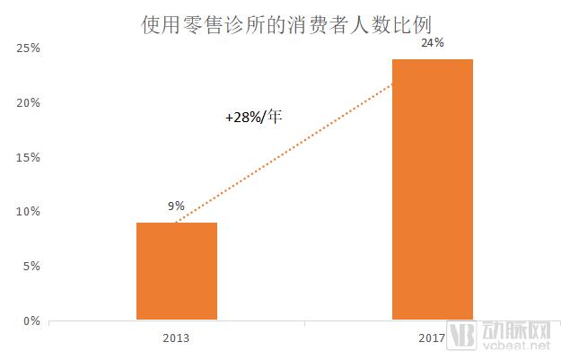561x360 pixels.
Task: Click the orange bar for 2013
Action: click(176, 271)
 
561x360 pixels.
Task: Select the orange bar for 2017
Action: click(433, 189)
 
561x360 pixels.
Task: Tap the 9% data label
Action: click(176, 206)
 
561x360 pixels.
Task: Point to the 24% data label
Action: click(432, 42)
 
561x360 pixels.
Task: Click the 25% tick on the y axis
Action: click(28, 48)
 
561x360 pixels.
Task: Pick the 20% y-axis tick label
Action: click(28, 103)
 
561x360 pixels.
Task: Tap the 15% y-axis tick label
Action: click(28, 157)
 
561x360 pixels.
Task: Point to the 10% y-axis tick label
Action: click(28, 212)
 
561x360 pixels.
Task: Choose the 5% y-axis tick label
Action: click(31, 266)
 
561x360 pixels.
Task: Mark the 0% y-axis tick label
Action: click(31, 320)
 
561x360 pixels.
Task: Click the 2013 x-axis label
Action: click(176, 340)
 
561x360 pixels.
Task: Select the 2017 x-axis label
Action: click(433, 340)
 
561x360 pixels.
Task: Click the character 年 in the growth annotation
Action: click(276, 116)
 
